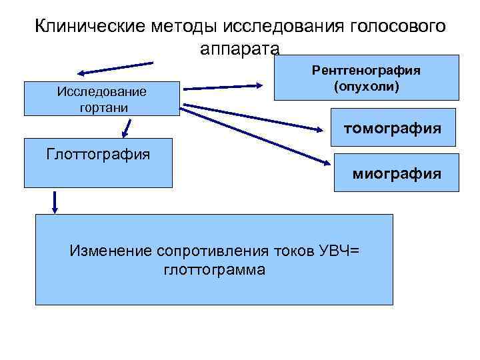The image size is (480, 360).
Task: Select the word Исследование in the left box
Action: [101, 91]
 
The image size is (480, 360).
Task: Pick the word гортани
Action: [101, 107]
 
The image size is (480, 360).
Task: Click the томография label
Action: [391, 127]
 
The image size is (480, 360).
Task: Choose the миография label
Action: [396, 174]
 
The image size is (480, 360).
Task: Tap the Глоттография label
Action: [98, 155]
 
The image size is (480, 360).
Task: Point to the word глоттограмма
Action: [213, 270]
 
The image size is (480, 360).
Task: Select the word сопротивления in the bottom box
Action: [213, 251]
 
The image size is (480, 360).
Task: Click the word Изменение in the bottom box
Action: [111, 251]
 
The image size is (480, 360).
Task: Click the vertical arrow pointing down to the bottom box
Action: [55, 202]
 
